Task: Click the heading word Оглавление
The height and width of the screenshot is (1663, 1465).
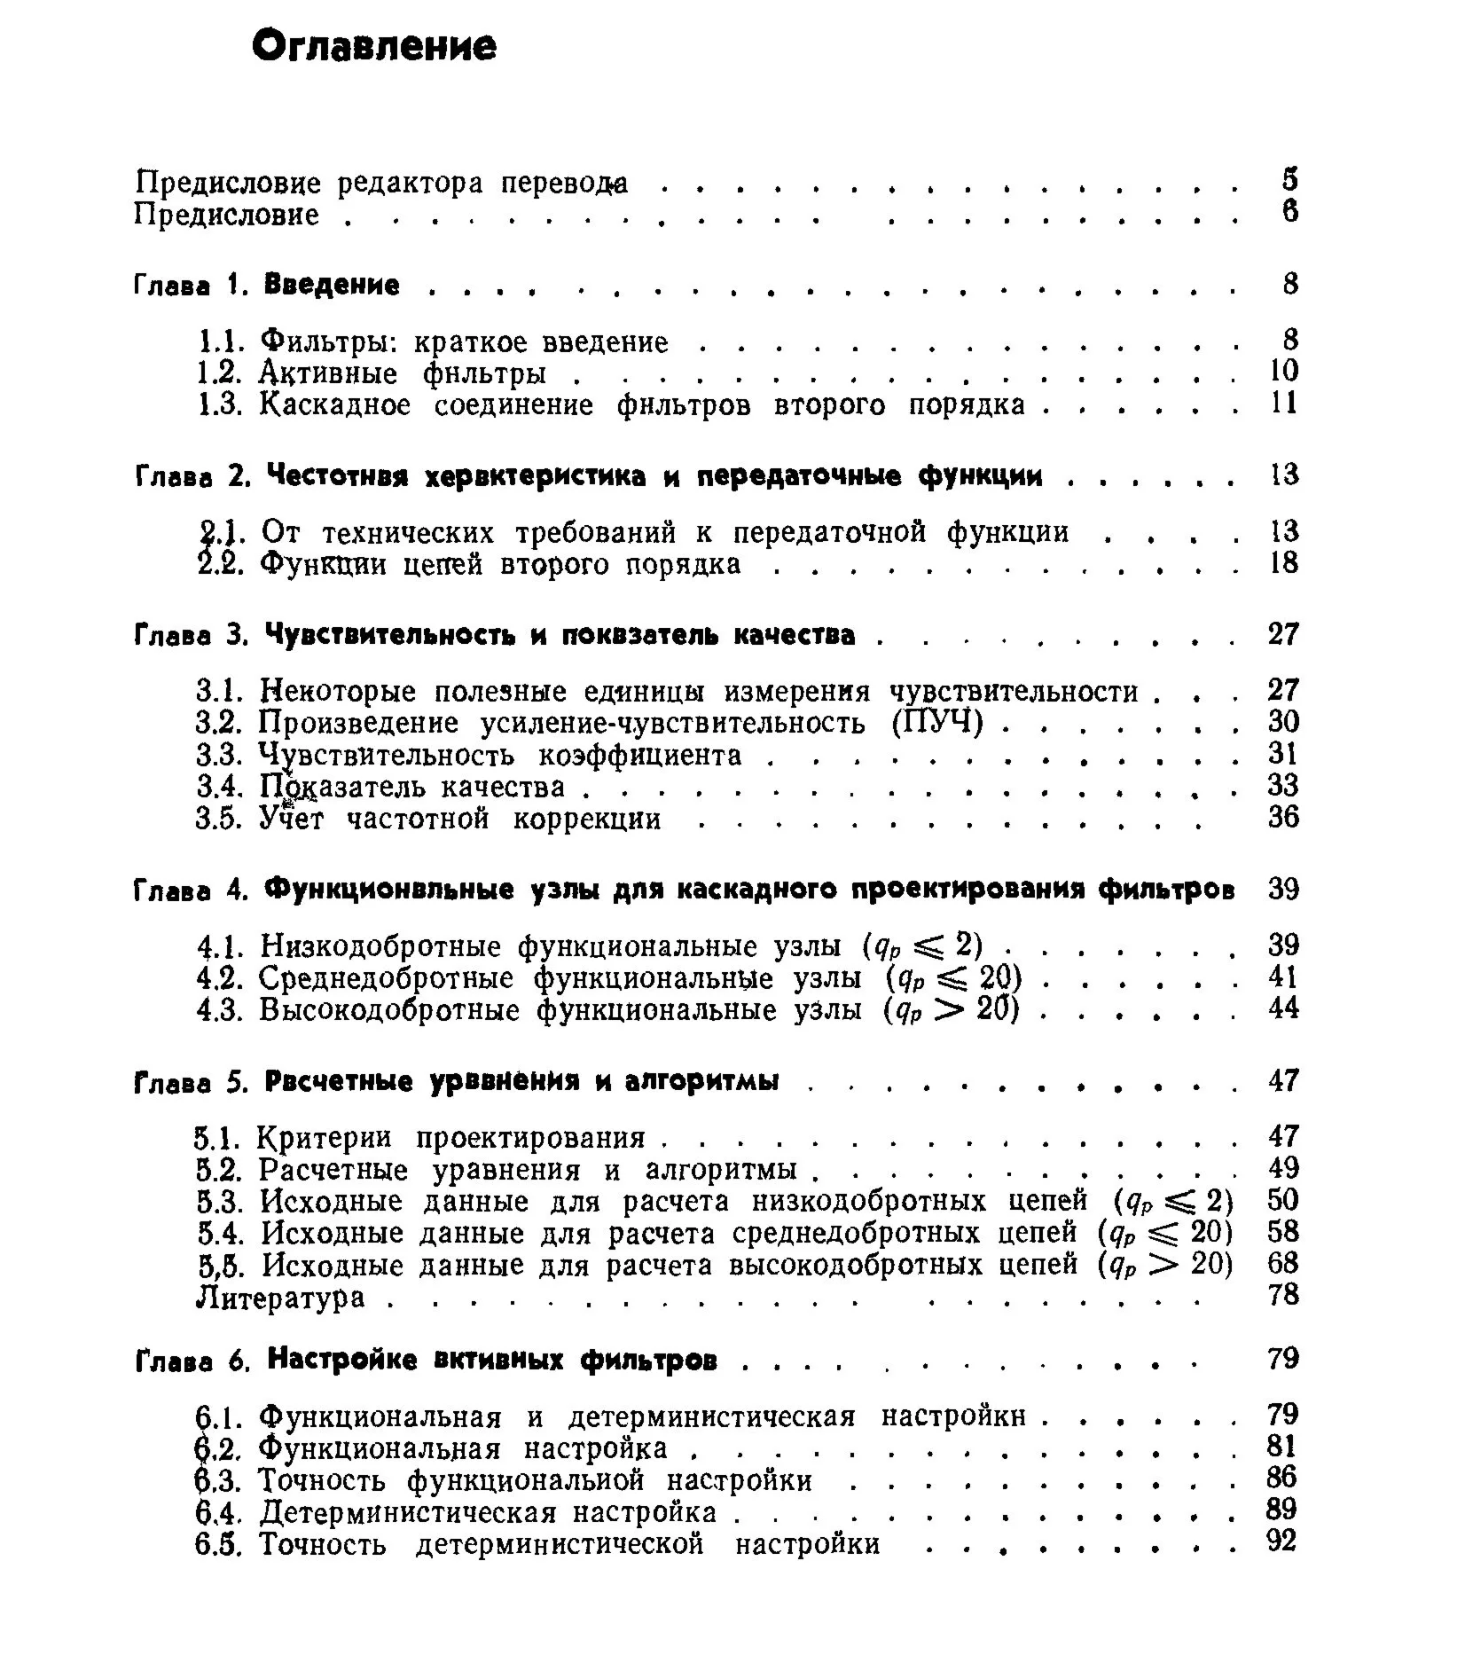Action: click(x=374, y=46)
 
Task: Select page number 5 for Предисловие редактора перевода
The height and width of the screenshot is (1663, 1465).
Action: click(x=1289, y=180)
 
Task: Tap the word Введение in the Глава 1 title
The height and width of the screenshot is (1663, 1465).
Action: click(x=333, y=285)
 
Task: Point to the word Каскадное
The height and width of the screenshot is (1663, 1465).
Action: click(x=335, y=405)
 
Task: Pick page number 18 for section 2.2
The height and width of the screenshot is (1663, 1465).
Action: click(x=1283, y=562)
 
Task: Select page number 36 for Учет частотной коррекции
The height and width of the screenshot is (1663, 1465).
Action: click(x=1283, y=817)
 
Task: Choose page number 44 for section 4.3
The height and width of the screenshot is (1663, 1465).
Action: click(x=1283, y=1008)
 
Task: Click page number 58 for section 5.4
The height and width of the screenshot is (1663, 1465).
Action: click(x=1283, y=1232)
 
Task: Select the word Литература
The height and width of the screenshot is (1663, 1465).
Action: click(x=280, y=1298)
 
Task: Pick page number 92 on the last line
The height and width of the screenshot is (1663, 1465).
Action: click(x=1282, y=1541)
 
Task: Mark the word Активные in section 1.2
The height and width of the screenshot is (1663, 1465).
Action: click(x=328, y=374)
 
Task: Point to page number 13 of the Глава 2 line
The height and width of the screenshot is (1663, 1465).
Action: click(x=1283, y=475)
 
